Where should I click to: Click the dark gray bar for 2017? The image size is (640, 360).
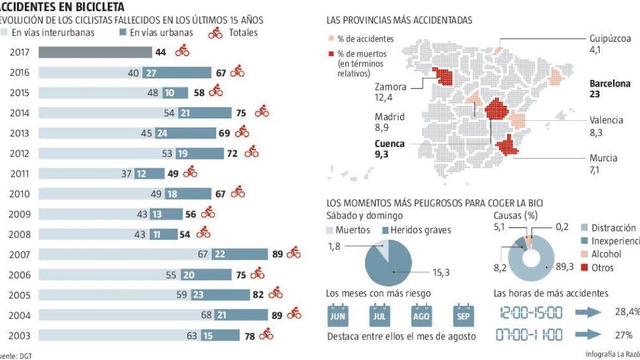point(95,52)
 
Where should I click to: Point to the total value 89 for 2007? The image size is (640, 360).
point(278,254)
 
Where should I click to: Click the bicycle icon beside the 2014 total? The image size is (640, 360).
point(261,113)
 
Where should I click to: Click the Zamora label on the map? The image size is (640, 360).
point(390,87)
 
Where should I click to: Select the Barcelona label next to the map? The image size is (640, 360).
point(609,83)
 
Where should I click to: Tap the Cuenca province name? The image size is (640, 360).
point(390,144)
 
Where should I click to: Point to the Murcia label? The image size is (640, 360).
point(603,158)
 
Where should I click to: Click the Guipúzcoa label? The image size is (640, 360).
point(609,39)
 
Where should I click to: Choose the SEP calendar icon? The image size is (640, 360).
point(464,315)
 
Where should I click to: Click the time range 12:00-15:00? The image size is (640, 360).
point(528,312)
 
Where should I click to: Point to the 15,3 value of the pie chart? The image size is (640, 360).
point(441,272)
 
